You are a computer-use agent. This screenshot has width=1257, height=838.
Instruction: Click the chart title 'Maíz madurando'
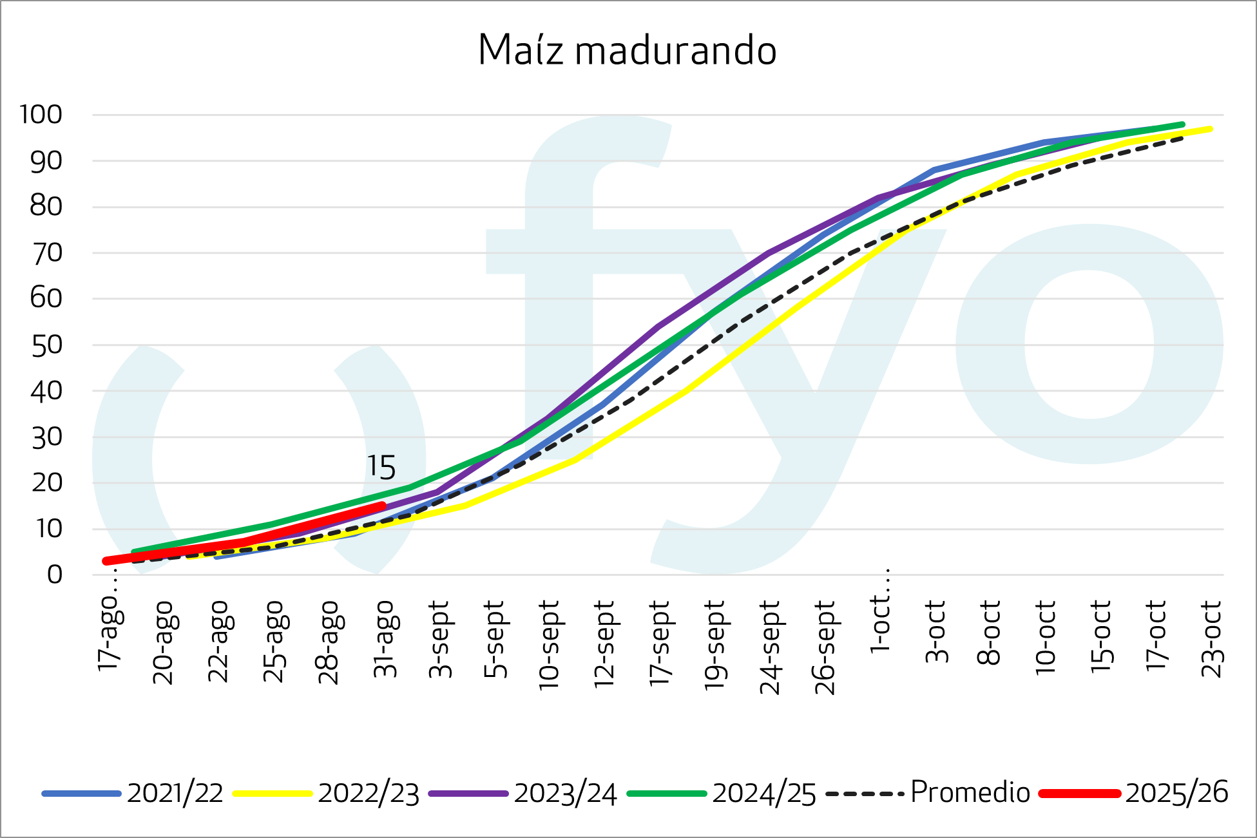click(x=627, y=50)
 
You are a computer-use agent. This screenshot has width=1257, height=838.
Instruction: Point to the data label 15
click(x=381, y=468)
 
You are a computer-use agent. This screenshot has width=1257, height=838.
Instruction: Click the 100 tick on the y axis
click(x=41, y=115)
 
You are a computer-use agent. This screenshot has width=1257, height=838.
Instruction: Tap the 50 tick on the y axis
click(x=46, y=345)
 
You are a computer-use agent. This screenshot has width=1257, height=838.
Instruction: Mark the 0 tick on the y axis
click(x=55, y=575)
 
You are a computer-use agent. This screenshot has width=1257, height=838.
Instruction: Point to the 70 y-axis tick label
click(x=46, y=253)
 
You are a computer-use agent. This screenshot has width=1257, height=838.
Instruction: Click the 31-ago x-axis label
click(x=385, y=638)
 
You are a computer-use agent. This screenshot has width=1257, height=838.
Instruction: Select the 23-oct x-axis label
click(x=1212, y=638)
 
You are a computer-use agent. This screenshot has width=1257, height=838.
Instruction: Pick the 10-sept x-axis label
click(x=550, y=645)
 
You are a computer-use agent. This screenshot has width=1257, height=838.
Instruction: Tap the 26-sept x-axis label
click(x=825, y=647)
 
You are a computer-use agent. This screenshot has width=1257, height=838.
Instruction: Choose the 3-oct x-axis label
click(x=936, y=632)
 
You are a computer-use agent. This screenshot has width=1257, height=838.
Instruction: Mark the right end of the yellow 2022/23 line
click(x=1211, y=129)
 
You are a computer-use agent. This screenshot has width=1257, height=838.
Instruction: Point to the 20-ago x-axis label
click(x=164, y=642)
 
